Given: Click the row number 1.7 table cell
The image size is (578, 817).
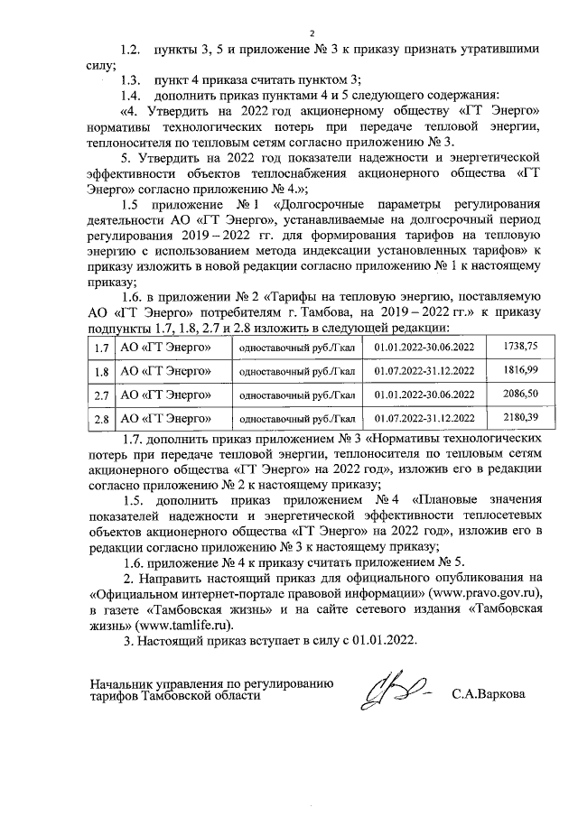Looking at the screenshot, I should [101, 347].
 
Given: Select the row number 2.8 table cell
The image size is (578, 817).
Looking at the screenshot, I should [101, 419].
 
